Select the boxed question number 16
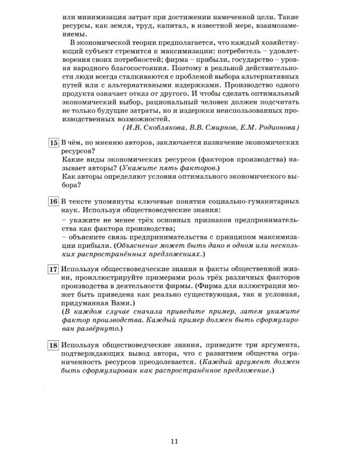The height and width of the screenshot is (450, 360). tap(53, 202)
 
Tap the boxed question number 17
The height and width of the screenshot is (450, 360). tap(53, 269)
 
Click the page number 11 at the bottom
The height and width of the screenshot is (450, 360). tap(175, 442)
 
